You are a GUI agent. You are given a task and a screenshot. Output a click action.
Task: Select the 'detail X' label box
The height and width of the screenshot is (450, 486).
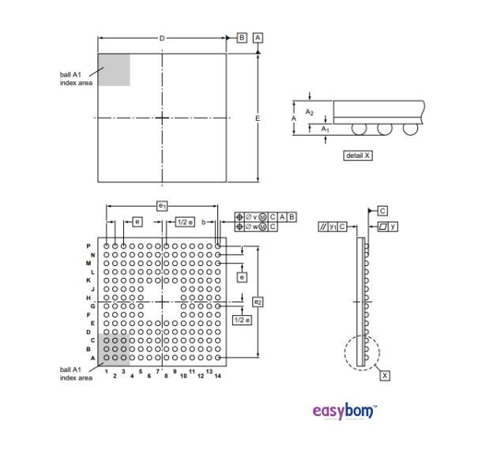pyautogui.click(x=357, y=156)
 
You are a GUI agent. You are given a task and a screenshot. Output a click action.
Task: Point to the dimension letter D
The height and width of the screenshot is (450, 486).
pyautogui.click(x=162, y=38)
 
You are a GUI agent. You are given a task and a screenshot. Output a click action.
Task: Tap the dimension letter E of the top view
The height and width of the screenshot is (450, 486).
pyautogui.click(x=257, y=118)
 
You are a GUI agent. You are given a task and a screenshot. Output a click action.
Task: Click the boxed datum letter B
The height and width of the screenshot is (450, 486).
pyautogui.click(x=242, y=38)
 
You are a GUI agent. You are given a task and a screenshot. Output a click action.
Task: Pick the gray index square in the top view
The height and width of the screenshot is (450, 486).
pyautogui.click(x=113, y=69)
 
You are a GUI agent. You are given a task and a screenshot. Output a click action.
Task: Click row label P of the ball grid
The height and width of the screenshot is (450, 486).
pyautogui.click(x=89, y=246)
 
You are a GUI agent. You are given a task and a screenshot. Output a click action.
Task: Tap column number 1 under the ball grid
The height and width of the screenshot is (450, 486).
pyautogui.click(x=106, y=371)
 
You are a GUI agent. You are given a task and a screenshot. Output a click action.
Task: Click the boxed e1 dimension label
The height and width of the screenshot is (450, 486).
pyautogui.click(x=162, y=205)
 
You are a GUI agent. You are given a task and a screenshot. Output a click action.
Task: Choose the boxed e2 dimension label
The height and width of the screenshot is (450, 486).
pyautogui.click(x=257, y=302)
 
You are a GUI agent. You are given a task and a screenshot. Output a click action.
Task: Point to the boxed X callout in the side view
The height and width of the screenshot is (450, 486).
pyautogui.click(x=385, y=376)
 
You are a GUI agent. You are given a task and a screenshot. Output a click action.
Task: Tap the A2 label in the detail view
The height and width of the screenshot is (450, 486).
pyautogui.click(x=309, y=112)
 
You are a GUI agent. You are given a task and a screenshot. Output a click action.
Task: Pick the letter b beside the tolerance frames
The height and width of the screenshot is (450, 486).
pyautogui.click(x=203, y=223)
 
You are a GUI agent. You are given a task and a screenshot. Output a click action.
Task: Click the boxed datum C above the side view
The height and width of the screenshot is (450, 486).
pyautogui.click(x=382, y=211)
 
